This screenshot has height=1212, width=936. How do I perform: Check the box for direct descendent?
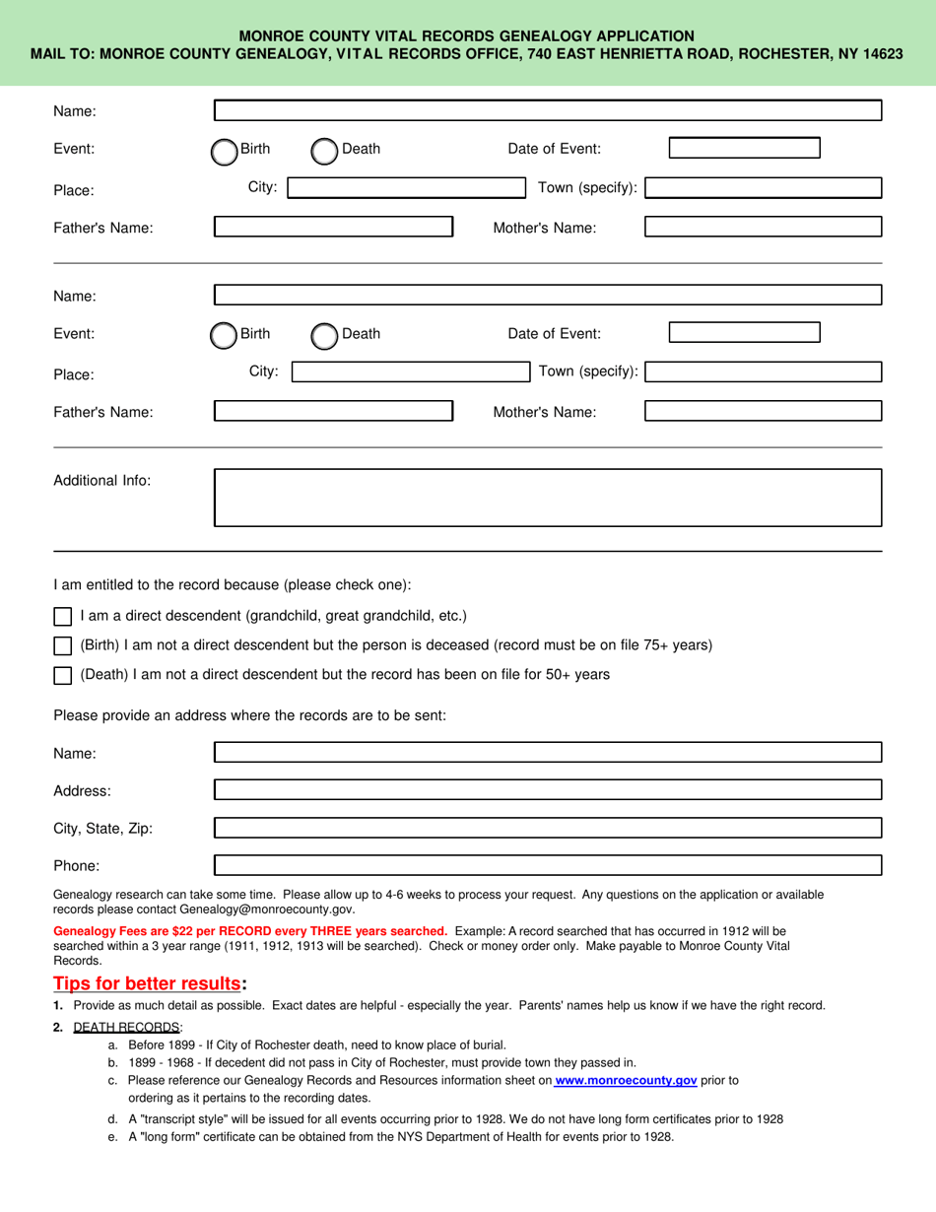pyautogui.click(x=63, y=617)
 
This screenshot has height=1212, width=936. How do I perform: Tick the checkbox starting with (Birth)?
pyautogui.click(x=63, y=646)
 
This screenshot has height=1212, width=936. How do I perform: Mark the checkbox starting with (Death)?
pyautogui.click(x=63, y=676)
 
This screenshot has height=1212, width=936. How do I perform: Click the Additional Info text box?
pyautogui.click(x=548, y=498)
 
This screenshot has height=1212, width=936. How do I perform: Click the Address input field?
pyautogui.click(x=548, y=790)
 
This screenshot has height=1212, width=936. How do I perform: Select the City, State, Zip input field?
pyautogui.click(x=548, y=828)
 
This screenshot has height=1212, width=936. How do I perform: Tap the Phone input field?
pyautogui.click(x=548, y=866)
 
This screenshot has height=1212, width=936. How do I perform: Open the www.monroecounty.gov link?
pyautogui.click(x=626, y=1081)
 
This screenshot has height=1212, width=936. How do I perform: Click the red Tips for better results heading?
pyautogui.click(x=146, y=983)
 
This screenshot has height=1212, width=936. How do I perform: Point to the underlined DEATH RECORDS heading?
pyautogui.click(x=127, y=1027)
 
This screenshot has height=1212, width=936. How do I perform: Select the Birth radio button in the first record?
pyautogui.click(x=224, y=151)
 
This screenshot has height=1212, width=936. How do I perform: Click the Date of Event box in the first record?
pyautogui.click(x=744, y=149)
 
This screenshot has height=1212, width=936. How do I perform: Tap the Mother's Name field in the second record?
pyautogui.click(x=763, y=411)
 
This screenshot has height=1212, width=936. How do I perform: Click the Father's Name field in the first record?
pyautogui.click(x=333, y=227)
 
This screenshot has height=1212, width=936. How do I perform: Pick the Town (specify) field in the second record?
pyautogui.click(x=764, y=372)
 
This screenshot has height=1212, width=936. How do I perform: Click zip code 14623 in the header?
pyautogui.click(x=883, y=54)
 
